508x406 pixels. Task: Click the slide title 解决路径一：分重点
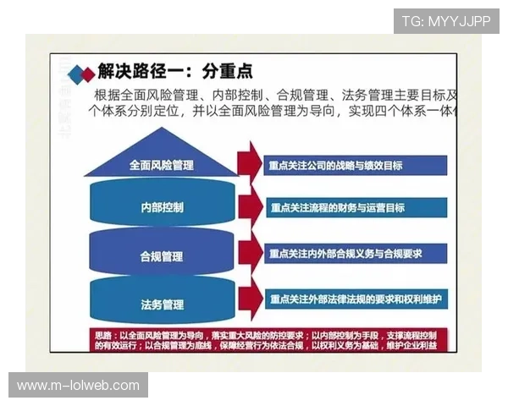coord(174,71)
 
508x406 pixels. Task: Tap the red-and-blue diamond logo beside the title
coord(81,73)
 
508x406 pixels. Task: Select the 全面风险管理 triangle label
coord(161,165)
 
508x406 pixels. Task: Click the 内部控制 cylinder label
coord(162,207)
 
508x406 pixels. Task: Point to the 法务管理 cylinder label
coord(162,303)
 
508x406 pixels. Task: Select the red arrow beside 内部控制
coord(248,208)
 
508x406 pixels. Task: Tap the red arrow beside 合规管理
coord(248,253)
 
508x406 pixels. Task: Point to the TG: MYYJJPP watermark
coord(446,20)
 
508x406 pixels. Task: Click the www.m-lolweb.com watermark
coord(78,386)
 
